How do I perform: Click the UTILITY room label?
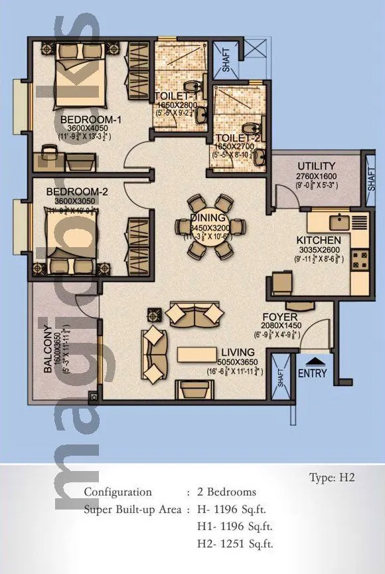[317, 166]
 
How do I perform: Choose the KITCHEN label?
[319, 240]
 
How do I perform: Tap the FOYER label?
[274, 317]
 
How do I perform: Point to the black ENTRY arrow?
[319, 361]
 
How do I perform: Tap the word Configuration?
[117, 492]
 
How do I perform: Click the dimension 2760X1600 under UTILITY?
[317, 177]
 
